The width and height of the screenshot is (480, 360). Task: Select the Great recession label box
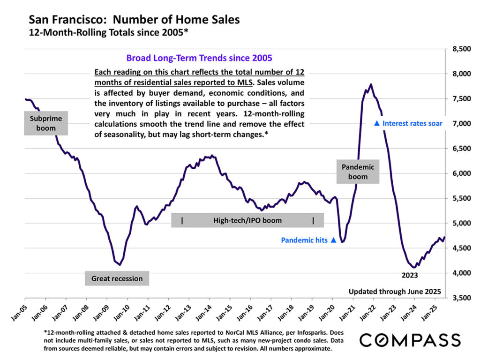point(117,278)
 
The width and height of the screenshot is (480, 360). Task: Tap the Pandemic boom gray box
point(358,172)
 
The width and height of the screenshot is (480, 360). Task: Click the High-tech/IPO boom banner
point(247,220)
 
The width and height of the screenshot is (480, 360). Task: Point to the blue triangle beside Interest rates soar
point(376,124)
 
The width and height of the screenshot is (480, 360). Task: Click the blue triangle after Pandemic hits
point(333,240)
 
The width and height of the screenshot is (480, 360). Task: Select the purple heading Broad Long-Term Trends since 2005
point(199,59)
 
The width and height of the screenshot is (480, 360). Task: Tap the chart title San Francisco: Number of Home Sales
point(134,20)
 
